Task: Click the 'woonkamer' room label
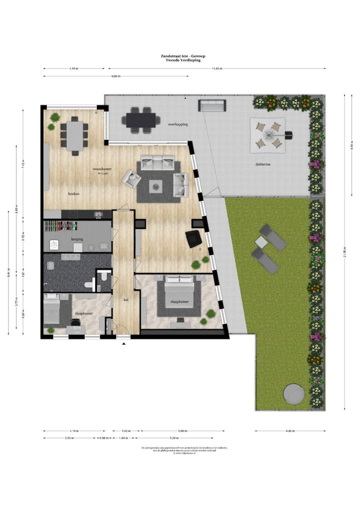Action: (102, 169)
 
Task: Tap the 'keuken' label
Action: (74, 193)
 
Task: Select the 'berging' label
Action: (77, 239)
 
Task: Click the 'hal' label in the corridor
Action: (126, 300)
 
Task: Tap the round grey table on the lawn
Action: (293, 394)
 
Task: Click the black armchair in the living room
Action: (193, 238)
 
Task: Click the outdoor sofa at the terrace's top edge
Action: (212, 105)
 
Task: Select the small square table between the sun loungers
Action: (261, 242)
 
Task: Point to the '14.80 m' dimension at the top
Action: (216, 68)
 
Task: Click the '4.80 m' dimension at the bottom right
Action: (290, 430)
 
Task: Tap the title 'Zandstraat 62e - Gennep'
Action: (179, 56)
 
